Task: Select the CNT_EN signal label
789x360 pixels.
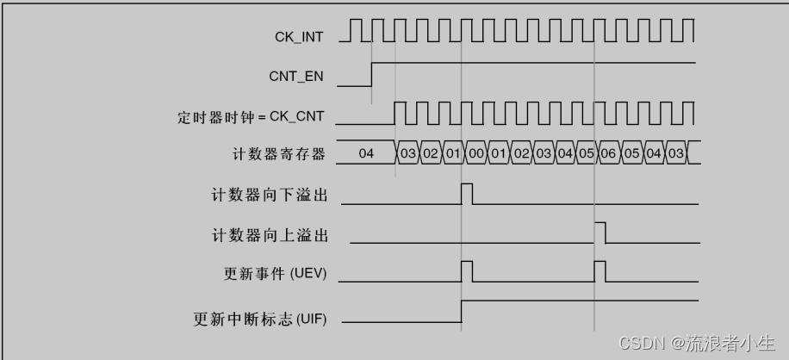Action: (x=295, y=76)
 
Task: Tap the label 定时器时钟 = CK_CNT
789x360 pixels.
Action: (x=251, y=115)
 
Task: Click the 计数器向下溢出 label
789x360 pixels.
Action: (x=270, y=195)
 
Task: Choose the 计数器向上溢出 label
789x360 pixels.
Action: (x=270, y=234)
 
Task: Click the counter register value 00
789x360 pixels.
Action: (x=475, y=154)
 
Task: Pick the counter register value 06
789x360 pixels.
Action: (x=609, y=154)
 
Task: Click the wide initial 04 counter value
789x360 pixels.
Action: (x=366, y=154)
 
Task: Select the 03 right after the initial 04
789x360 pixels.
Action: (x=408, y=154)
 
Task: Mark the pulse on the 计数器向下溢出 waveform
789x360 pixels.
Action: (x=467, y=193)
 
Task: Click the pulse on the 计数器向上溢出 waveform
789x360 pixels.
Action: (x=600, y=233)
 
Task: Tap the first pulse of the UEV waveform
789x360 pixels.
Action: (x=467, y=271)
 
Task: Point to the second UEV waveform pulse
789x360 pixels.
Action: (x=600, y=271)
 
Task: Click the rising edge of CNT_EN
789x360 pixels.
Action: (x=372, y=75)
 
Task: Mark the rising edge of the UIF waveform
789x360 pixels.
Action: (x=462, y=311)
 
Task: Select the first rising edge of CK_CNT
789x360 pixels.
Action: (x=394, y=113)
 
